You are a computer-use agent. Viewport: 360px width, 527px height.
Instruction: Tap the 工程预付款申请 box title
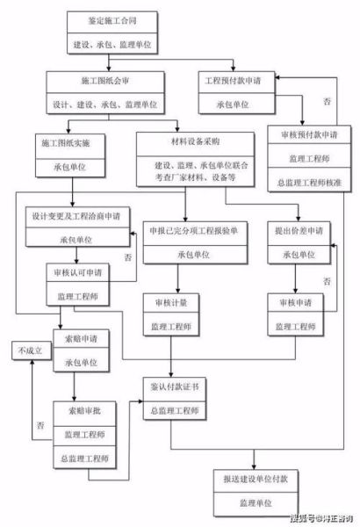(233, 80)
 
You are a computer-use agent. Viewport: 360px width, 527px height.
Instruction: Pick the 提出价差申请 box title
(299, 231)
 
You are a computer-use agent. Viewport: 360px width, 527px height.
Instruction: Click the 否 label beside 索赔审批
(40, 426)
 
